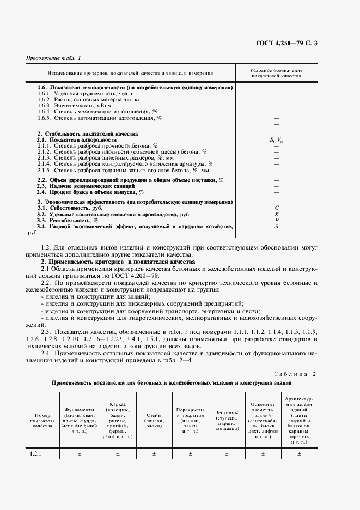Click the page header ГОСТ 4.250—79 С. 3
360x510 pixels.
[304, 42]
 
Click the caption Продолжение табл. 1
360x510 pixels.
[53, 58]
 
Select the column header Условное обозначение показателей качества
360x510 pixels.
[276, 74]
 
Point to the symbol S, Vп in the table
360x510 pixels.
[276, 141]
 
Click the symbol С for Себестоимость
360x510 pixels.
[276, 208]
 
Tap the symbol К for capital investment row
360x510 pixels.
[276, 214]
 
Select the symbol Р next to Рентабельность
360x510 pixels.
[276, 220]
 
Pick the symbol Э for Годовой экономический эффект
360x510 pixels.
[276, 226]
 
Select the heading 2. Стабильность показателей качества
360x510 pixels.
[87, 134]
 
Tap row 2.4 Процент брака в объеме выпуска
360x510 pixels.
[90, 192]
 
